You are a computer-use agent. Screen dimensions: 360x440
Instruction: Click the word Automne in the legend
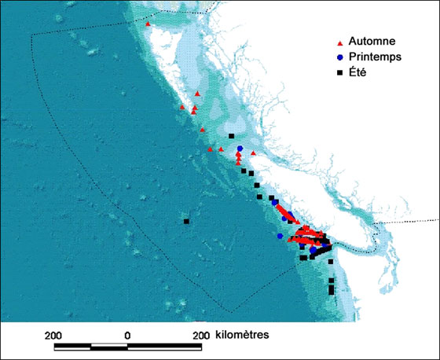(x=374, y=41)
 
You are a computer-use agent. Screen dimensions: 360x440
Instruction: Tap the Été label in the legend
(x=362, y=72)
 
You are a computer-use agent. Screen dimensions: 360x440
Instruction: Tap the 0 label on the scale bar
(x=127, y=334)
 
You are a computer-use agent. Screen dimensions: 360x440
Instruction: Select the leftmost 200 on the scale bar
(x=53, y=334)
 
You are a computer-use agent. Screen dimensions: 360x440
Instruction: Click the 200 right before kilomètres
(x=200, y=334)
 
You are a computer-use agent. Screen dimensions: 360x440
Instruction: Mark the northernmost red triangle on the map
(x=148, y=24)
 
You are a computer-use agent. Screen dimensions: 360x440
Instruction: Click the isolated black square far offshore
(x=186, y=222)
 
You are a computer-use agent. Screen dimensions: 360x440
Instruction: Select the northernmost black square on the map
(x=231, y=136)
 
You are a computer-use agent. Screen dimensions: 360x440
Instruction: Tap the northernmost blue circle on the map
(x=240, y=149)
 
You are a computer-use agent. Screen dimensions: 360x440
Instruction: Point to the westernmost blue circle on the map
(x=280, y=235)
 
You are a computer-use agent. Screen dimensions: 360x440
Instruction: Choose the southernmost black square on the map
(x=331, y=292)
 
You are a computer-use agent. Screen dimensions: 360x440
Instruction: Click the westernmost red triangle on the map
(x=148, y=24)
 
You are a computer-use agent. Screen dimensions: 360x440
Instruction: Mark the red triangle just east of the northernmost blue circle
(x=253, y=153)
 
